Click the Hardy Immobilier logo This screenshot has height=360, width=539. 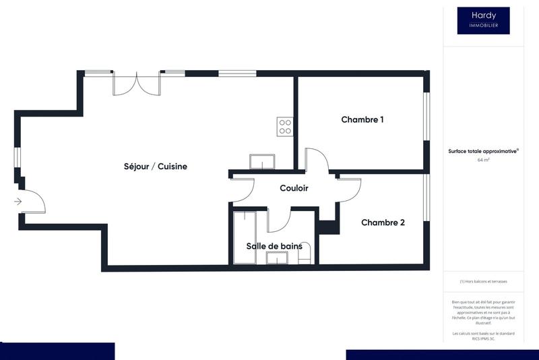point(483,20)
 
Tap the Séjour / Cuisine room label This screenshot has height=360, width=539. point(155,167)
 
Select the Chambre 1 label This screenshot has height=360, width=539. point(362,120)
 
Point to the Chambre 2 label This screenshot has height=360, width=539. point(383,222)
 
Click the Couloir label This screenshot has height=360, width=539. point(294,188)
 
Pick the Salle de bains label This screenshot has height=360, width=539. point(274,246)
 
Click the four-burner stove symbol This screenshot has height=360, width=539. point(284,127)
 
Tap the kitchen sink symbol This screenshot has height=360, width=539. point(262,162)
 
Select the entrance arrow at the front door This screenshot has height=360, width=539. point(18,201)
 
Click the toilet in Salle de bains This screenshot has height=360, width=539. point(305,252)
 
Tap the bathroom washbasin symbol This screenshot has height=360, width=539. point(277,257)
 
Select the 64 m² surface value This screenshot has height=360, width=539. point(483,160)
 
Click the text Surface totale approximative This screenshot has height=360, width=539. point(482,152)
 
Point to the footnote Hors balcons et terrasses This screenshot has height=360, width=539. point(483,281)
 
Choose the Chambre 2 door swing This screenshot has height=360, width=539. point(350,189)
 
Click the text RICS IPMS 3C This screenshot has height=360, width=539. point(483,338)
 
